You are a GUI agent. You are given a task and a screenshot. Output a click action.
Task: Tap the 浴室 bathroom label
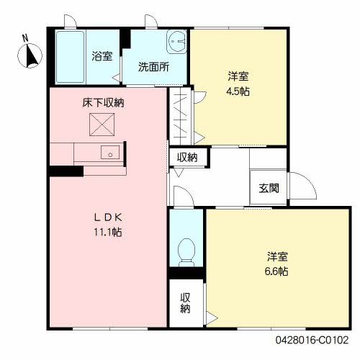(x=102, y=56)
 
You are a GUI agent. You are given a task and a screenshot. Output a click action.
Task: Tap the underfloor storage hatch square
(x=102, y=127)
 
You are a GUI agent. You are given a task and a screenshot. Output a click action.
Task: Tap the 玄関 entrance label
(x=269, y=189)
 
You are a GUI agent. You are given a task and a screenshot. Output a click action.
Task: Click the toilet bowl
(x=186, y=250)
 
